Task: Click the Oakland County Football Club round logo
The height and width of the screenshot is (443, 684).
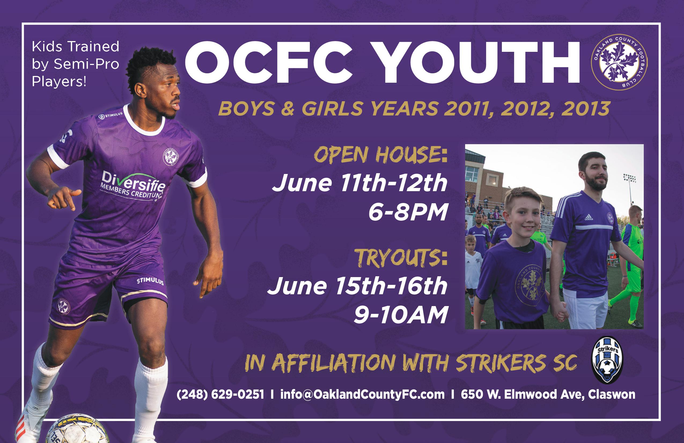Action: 619,62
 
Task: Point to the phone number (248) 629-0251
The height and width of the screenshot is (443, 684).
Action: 220,394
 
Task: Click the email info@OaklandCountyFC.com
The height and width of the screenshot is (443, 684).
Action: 362,394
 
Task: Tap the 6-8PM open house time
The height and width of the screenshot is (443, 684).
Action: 408,212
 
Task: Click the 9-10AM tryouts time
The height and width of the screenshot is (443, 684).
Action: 401,314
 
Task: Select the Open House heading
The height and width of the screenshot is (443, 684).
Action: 381,154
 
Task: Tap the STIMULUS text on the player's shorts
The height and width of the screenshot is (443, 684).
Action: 150,281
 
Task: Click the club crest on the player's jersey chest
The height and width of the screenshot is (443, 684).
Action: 170,157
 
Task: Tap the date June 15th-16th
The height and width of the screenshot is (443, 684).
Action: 357,286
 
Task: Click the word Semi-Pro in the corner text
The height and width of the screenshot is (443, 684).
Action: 86,64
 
